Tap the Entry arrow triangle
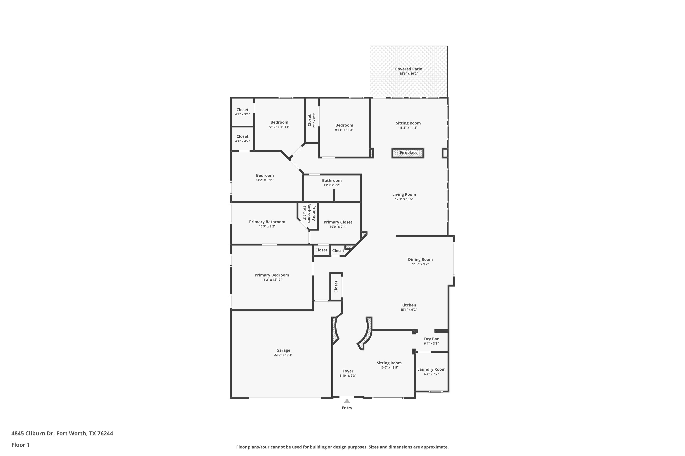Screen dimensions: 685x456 point(347,401)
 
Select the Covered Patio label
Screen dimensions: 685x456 point(409,69)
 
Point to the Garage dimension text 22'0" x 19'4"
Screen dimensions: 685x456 point(283,355)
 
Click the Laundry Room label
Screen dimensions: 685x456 point(431,369)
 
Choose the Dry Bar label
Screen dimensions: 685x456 point(431,339)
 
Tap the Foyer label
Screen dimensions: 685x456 point(348,371)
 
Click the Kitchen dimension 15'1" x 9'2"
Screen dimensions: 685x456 point(409,310)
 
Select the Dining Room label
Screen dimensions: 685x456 point(420,259)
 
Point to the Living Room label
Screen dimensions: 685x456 point(404,194)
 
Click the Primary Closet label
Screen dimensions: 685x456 point(338,222)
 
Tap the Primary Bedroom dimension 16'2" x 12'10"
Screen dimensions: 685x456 point(272,280)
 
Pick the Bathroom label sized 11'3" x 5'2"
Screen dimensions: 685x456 point(332,180)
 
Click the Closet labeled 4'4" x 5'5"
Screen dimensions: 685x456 point(242,110)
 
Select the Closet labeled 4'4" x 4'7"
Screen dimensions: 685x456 point(242,136)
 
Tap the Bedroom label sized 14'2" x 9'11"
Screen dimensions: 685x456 point(265,175)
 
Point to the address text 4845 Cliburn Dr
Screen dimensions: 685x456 point(33,433)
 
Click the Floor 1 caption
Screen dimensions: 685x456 point(20,445)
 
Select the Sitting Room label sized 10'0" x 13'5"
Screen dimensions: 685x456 point(389,363)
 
